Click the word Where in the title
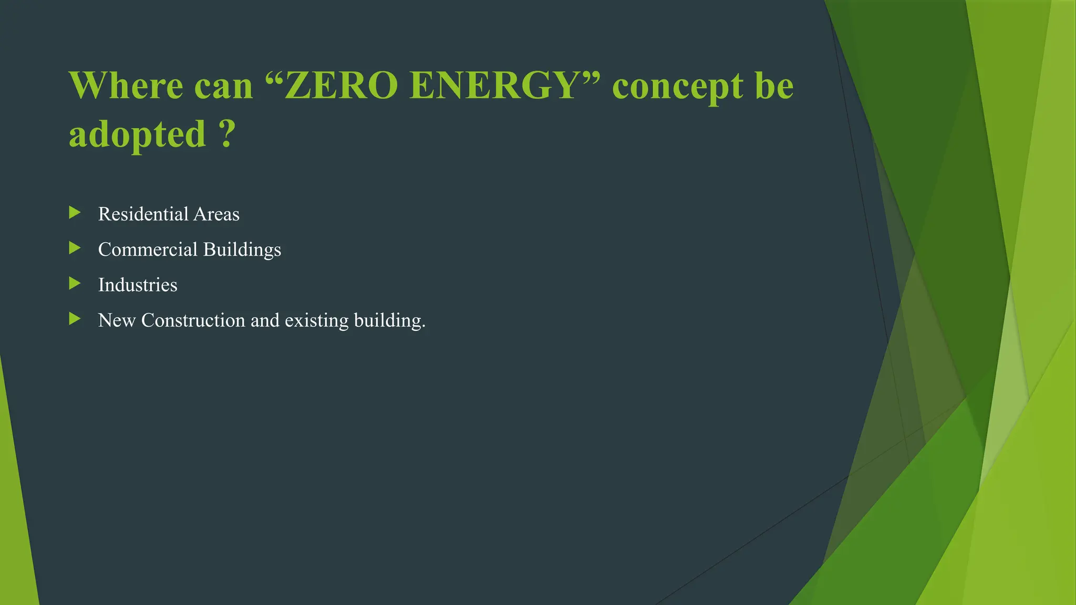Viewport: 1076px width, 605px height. point(126,86)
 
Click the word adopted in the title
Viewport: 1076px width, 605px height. point(138,134)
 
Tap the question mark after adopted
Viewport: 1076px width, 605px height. point(226,134)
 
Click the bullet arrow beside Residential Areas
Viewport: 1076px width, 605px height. point(75,213)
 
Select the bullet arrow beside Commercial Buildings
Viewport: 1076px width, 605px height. point(75,248)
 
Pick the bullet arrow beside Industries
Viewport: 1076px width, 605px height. point(75,284)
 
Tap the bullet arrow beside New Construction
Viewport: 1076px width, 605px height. point(75,319)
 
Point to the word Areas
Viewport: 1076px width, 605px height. point(216,214)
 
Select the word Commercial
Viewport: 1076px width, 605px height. point(148,249)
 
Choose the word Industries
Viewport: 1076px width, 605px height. point(138,285)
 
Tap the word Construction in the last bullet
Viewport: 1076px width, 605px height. point(193,320)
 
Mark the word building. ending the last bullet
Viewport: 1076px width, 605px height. point(389,321)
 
